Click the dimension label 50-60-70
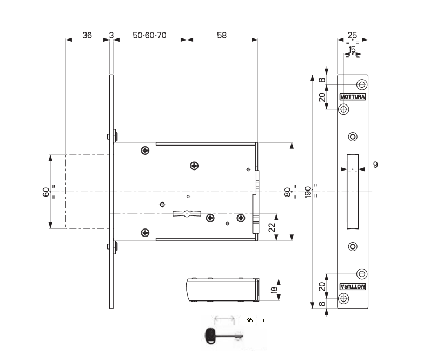tap(149, 35)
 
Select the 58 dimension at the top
tap(222, 35)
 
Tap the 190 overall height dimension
tap(308, 192)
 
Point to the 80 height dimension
tap(288, 192)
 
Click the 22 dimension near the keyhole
tap(273, 227)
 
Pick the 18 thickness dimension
tap(274, 290)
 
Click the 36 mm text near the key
tap(255, 320)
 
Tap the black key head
tap(210, 336)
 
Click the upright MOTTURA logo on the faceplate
tap(353, 97)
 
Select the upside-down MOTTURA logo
tap(353, 286)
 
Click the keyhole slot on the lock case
tap(187, 214)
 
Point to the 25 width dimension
tap(352, 35)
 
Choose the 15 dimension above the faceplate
tap(352, 49)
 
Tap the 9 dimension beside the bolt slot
tap(375, 165)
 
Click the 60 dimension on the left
tap(46, 192)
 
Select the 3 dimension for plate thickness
tap(111, 35)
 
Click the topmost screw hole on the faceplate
tap(362, 84)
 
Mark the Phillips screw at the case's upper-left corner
tap(145, 150)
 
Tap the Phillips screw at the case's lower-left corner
tap(145, 233)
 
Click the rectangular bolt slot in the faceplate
tap(353, 192)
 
